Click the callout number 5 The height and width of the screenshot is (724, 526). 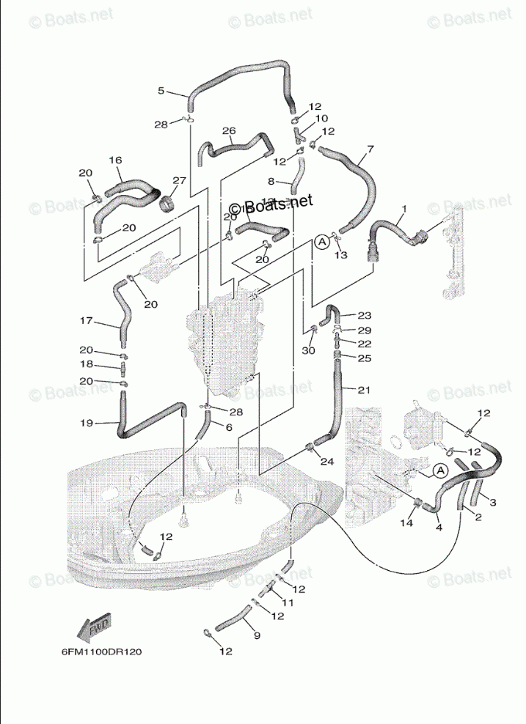pos(161,91)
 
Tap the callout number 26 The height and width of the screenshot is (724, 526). pos(229,131)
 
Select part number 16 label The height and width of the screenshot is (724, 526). pos(115,160)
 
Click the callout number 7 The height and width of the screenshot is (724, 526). pos(370,149)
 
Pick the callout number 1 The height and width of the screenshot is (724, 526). pos(403,209)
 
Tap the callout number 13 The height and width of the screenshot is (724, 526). pos(340,254)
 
